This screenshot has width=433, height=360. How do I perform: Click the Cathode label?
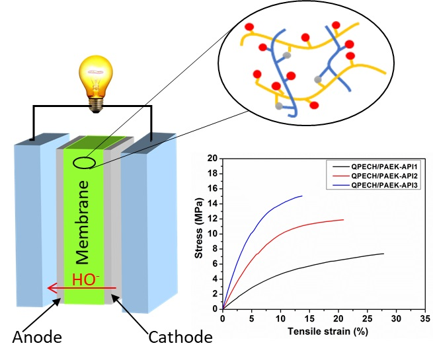tap(180, 338)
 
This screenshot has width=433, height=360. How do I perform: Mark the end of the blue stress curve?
tap(302, 196)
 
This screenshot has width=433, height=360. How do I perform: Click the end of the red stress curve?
tap(344, 219)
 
